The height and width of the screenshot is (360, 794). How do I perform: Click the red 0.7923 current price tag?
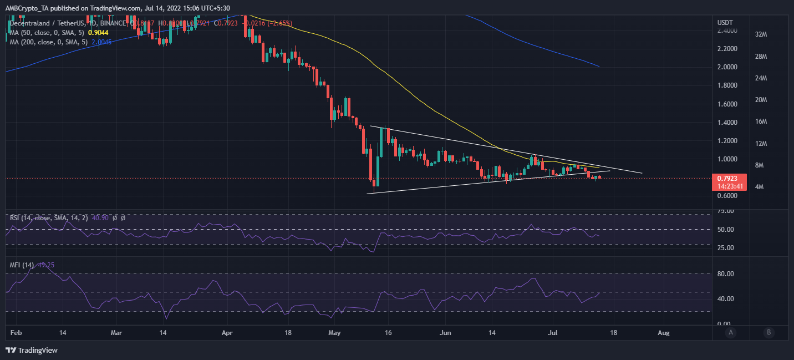click(727, 179)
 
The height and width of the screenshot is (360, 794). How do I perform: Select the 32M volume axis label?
click(761, 34)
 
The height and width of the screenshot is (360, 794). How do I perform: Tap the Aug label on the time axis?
click(663, 333)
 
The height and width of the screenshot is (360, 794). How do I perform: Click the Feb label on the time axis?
click(16, 333)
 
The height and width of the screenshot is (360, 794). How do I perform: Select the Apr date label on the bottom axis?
click(227, 333)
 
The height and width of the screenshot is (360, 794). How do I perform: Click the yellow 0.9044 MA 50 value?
click(98, 32)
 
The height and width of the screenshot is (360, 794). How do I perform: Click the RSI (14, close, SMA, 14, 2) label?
click(47, 218)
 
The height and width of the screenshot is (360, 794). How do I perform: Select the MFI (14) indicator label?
click(22, 265)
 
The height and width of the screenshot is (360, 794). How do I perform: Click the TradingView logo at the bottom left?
click(32, 350)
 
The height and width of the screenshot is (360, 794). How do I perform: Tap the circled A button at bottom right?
click(731, 332)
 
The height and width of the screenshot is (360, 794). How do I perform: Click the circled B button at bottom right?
click(768, 332)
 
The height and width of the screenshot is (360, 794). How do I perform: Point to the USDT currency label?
click(725, 22)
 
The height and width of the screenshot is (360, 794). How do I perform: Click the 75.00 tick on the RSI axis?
click(726, 211)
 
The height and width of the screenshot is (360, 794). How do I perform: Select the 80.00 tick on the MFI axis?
click(726, 273)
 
